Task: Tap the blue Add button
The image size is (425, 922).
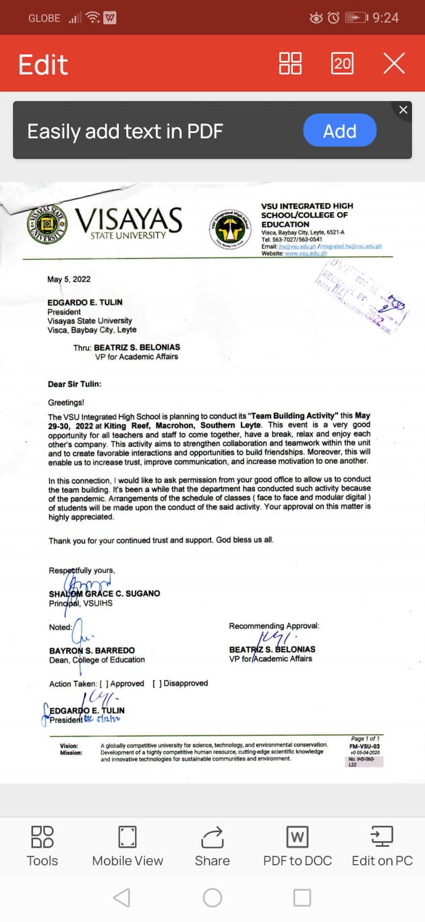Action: click(339, 130)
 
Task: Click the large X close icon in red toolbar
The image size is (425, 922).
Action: click(394, 63)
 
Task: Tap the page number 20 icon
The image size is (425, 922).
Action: click(342, 63)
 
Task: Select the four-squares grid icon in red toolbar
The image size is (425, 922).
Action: click(290, 63)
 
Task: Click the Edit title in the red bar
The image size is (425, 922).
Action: click(43, 65)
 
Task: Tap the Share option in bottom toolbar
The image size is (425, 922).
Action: click(212, 846)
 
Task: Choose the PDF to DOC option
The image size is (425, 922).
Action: click(297, 846)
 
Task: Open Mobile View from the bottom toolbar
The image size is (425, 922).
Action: click(128, 846)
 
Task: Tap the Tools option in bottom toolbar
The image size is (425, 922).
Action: click(42, 846)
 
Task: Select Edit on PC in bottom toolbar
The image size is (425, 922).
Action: click(382, 846)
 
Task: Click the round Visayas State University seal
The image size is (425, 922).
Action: click(47, 225)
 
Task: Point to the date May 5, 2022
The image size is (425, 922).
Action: click(69, 280)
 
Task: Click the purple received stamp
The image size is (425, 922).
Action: click(362, 294)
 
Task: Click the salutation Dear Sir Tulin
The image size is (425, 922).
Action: click(74, 384)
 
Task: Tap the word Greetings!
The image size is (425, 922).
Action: click(66, 403)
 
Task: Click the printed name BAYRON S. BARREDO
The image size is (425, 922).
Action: click(92, 650)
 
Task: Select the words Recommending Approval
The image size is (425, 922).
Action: click(274, 626)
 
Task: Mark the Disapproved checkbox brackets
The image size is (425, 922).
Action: click(157, 684)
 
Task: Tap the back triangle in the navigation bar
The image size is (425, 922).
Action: click(122, 897)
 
